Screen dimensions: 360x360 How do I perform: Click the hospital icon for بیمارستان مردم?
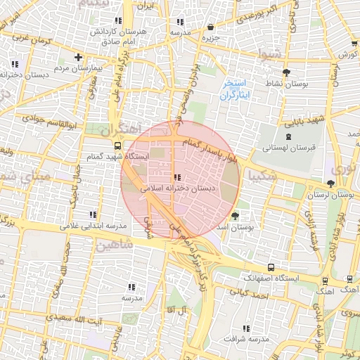tap(78, 57)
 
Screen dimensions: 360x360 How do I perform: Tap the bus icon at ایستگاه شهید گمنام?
tap(117, 146)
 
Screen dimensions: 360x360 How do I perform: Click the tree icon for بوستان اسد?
tap(235, 215)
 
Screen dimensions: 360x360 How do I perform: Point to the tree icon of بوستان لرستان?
tap(330, 182)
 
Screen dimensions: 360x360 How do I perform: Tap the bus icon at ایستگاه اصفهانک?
tap(271, 267)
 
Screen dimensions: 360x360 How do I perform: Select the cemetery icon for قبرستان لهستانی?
tap(288, 136)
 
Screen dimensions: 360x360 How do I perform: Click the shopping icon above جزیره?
tap(210, 27)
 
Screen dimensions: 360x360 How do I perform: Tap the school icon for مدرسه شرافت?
tap(245, 328)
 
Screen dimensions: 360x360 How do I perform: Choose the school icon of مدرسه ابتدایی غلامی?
tap(92, 214)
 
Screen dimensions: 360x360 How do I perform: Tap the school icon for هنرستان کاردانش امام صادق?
tap(118, 21)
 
